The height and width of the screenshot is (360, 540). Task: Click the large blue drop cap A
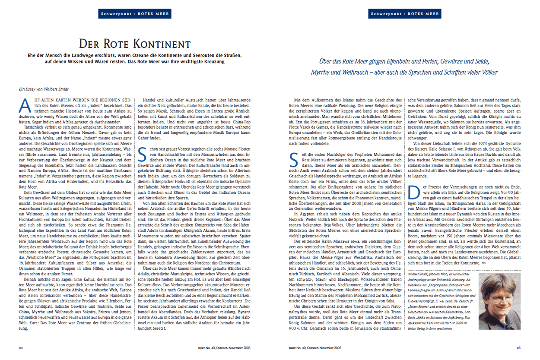point(25,105)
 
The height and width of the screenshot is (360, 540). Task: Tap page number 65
point(518,347)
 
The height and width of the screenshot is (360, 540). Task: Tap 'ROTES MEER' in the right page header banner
point(423,14)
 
